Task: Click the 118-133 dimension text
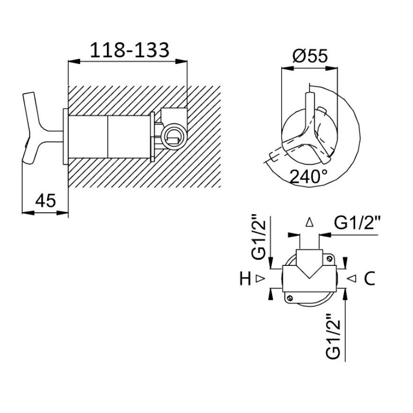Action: pos(130,50)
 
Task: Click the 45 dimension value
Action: pos(45,201)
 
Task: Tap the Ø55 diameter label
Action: pos(310,56)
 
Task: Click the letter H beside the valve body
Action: pos(245,279)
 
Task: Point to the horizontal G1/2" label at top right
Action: pos(357,224)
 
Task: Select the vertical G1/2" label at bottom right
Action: pos(333,336)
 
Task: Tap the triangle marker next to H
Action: pos(260,278)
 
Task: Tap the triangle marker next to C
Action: pos(352,278)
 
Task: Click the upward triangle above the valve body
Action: pos(310,222)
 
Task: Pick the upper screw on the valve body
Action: pos(328,259)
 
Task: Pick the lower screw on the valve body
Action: pos(290,298)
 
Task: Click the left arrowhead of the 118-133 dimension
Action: pos(74,61)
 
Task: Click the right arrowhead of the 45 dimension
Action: pos(62,213)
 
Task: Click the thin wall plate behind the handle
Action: pos(66,136)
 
